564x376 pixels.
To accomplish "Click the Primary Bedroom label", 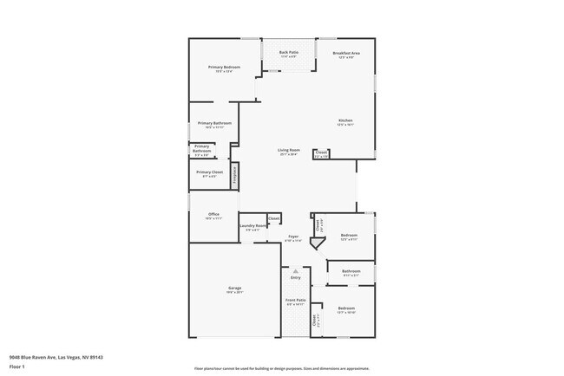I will click(x=224, y=68).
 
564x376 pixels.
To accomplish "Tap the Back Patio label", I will click(x=289, y=54).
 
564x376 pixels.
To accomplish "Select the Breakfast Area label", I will click(x=346, y=54).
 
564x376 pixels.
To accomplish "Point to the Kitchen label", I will click(x=345, y=121).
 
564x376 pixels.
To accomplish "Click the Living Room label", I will click(x=289, y=152).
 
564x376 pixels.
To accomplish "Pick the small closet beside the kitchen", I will click(x=321, y=155).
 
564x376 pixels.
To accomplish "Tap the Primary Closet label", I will click(x=209, y=173).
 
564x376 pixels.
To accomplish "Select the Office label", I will click(x=213, y=216).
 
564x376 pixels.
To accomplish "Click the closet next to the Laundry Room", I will click(x=274, y=218).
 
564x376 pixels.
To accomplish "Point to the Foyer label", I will click(x=295, y=237).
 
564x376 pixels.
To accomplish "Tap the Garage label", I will click(x=234, y=289).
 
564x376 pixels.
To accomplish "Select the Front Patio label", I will click(x=296, y=302).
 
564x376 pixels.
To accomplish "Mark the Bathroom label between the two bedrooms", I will click(x=351, y=272).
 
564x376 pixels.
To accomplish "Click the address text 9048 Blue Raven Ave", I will click(x=43, y=356).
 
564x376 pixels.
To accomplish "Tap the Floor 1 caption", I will click(x=16, y=366).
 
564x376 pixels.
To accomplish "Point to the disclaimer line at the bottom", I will click(x=282, y=367).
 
